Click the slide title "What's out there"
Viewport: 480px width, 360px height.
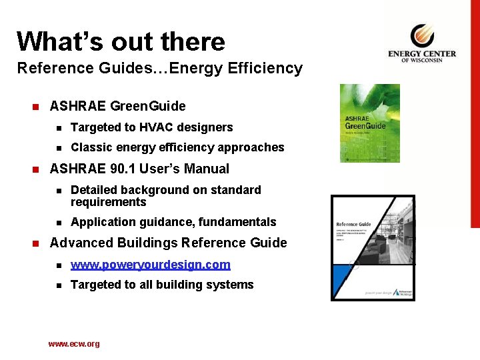[x=121, y=41]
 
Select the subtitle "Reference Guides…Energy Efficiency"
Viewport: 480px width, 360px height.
[x=159, y=68]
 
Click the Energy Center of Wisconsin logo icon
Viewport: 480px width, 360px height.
[x=422, y=36]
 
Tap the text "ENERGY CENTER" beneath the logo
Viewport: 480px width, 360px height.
[x=422, y=54]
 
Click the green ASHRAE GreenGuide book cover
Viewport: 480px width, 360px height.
[x=369, y=123]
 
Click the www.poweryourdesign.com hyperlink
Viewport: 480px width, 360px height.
[x=150, y=265]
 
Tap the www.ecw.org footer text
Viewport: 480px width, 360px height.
[x=73, y=344]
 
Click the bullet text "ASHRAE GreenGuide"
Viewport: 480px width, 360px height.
[x=117, y=106]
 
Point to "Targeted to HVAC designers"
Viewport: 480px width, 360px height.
[x=151, y=127]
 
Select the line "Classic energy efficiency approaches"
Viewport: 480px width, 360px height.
[x=177, y=147]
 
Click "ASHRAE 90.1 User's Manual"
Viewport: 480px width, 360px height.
[x=139, y=169]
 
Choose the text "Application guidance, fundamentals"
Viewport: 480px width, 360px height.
[x=173, y=222]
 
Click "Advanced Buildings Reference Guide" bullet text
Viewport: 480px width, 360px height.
[x=168, y=243]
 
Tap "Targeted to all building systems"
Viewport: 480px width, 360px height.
[x=161, y=285]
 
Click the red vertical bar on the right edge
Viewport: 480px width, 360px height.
[x=475, y=113]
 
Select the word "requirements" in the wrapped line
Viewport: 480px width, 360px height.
[x=108, y=202]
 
